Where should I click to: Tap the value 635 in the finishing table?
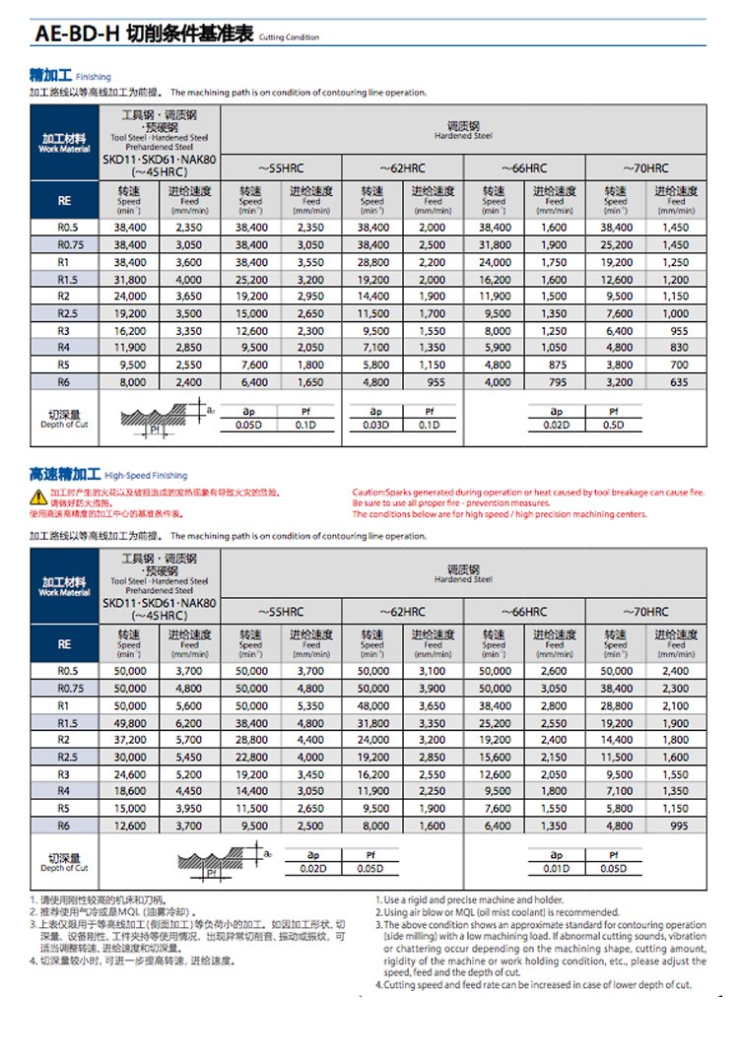click(x=675, y=382)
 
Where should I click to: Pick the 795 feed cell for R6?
click(x=554, y=382)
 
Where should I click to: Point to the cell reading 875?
click(x=554, y=364)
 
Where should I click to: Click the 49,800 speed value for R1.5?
click(x=130, y=723)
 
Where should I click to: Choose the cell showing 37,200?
click(x=130, y=740)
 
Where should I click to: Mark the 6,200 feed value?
click(x=188, y=723)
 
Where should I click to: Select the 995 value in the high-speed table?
click(x=675, y=826)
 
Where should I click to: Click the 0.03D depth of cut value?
click(x=372, y=425)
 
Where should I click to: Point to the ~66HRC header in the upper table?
click(x=524, y=168)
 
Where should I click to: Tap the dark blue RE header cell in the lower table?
click(x=64, y=644)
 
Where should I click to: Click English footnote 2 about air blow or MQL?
click(x=501, y=912)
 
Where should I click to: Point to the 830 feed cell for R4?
click(x=675, y=347)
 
